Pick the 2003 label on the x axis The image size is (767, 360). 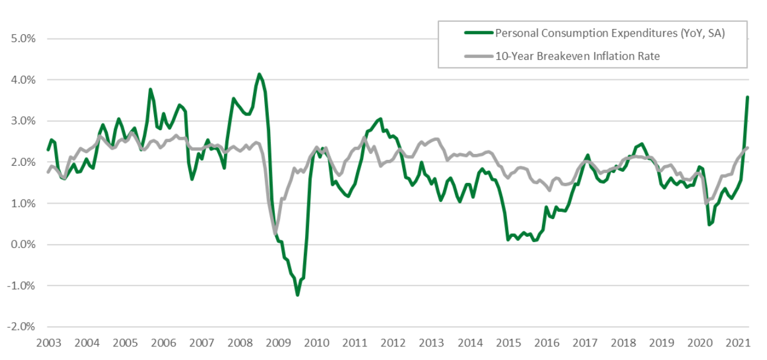point(49,343)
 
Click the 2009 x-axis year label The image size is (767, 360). point(278,343)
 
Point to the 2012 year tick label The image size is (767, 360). point(393,343)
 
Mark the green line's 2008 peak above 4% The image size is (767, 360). point(259,74)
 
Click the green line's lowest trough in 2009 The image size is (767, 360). point(297,295)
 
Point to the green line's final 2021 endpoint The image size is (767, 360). point(747,97)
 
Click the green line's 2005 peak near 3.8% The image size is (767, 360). point(150,89)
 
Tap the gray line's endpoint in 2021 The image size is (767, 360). point(747,147)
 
